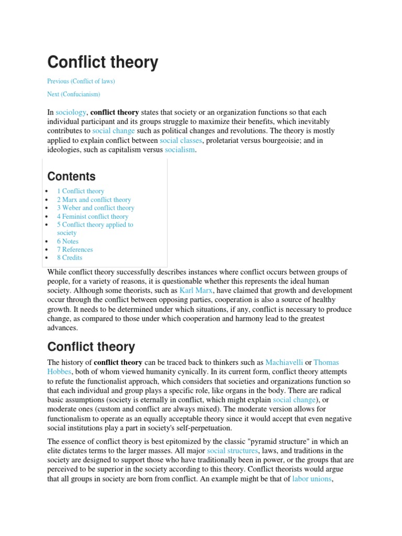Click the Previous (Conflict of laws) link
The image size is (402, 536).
coord(81,81)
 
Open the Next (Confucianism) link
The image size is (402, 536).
coord(73,94)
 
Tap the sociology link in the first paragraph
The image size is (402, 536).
coord(71,113)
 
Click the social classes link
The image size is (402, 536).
coord(176,140)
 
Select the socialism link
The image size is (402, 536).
coord(180,150)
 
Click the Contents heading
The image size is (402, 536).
coord(71,176)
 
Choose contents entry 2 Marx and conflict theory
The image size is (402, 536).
coord(94,199)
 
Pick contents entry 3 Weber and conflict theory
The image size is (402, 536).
coord(95,208)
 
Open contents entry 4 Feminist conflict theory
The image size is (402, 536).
coord(92,216)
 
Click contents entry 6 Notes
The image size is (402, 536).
coord(68,241)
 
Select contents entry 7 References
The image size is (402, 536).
coord(75,250)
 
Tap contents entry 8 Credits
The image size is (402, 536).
coord(70,258)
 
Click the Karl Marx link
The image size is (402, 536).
coord(197,290)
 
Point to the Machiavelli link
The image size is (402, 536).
coord(284,362)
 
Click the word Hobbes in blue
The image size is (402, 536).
coord(59,372)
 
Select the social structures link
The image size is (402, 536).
coord(232,451)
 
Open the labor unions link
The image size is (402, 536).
coord(311,478)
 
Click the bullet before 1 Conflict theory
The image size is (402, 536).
coord(47,192)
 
